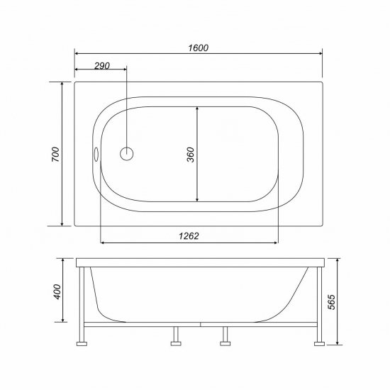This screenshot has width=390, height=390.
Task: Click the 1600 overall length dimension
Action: [199, 48]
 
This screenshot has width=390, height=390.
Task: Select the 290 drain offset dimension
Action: [101, 65]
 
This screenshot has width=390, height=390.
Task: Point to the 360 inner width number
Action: [190, 155]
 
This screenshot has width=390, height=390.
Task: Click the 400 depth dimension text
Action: [57, 291]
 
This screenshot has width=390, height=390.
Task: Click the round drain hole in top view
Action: [127, 153]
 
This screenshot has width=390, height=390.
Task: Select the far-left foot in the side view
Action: [82, 344]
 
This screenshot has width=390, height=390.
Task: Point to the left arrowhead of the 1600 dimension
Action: [77, 53]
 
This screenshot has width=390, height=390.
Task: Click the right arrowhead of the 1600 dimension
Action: [319, 53]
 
